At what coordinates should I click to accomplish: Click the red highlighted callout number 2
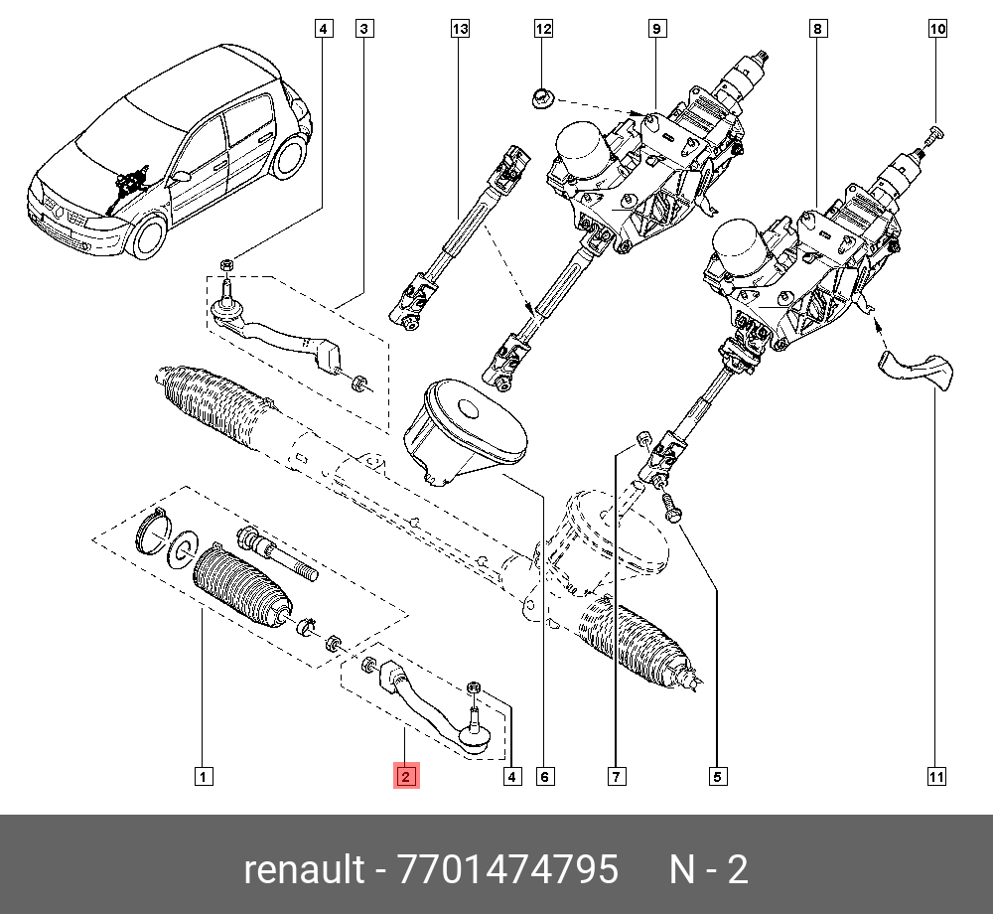407,776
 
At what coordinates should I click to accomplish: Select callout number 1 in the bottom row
202,776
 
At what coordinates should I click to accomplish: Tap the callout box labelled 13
459,29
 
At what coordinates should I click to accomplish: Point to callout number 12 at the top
543,29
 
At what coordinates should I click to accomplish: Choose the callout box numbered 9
656,29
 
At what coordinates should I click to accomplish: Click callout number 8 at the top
816,29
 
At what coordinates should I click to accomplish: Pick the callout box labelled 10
938,29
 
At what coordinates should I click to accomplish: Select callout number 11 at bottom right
936,776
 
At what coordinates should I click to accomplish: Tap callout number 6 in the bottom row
543,776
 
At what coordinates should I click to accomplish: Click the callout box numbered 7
616,776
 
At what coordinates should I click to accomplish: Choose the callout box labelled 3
365,29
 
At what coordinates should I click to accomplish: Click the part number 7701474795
507,870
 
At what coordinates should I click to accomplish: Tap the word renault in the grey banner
304,870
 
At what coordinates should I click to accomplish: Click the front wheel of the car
149,238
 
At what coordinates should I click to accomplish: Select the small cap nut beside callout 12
542,97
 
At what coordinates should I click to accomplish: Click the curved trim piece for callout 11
918,369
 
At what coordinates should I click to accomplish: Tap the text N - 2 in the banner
708,870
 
